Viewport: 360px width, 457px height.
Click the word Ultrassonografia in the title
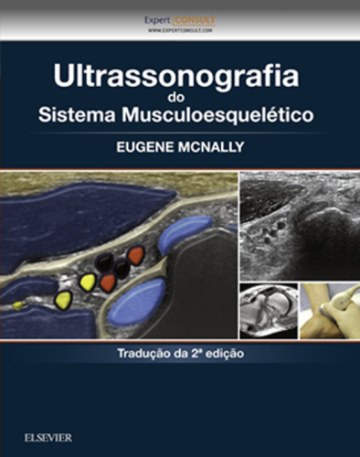point(179,76)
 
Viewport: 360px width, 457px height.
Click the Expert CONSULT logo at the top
point(179,19)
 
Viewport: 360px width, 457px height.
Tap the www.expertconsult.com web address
point(179,30)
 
